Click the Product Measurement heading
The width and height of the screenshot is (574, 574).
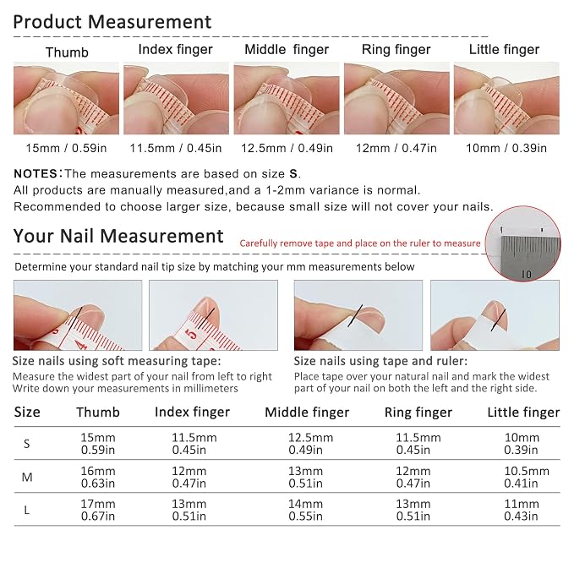112,22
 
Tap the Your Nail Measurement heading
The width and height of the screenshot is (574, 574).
118,236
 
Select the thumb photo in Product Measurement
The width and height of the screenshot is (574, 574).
66,98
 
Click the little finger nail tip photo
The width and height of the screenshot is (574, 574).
506,98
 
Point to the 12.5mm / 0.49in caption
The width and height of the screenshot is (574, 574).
287,148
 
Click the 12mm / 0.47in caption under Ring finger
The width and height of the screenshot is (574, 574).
396,148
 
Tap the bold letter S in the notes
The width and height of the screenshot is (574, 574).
293,173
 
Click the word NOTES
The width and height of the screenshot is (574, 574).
36,173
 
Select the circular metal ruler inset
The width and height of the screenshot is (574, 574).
522,243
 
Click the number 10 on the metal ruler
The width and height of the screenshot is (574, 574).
526,274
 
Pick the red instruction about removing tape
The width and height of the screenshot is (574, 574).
360,243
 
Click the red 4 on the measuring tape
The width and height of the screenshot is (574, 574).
81,344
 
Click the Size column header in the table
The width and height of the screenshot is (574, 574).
27,413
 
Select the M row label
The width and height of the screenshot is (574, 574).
27,477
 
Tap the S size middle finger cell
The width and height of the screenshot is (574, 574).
310,444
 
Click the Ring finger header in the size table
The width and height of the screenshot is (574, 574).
418,413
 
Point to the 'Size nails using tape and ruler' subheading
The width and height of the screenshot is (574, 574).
380,361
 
